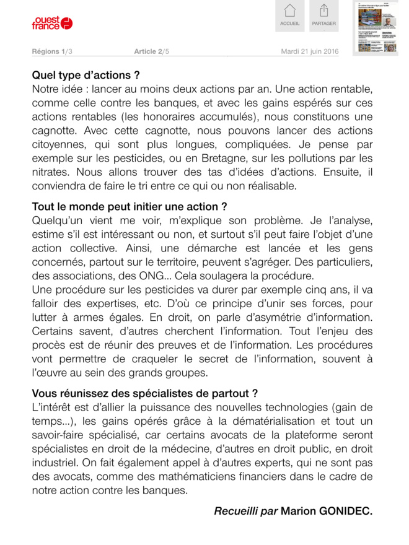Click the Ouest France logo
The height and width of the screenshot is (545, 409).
(x=52, y=24)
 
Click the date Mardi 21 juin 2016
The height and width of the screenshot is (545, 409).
(x=310, y=51)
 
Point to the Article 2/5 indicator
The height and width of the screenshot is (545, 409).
(x=151, y=51)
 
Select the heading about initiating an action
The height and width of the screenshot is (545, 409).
(x=130, y=206)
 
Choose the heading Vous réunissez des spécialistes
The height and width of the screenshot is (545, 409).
(x=144, y=393)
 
